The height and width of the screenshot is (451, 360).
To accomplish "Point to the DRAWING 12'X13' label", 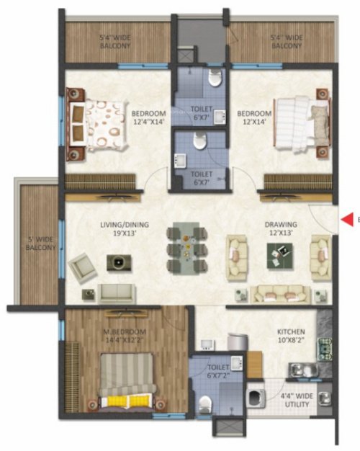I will (281, 229).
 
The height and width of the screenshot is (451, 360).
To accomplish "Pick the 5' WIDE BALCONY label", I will (42, 243).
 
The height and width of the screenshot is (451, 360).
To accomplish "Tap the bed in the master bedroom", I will (126, 383).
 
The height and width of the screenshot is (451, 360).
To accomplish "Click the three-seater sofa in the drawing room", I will (281, 293).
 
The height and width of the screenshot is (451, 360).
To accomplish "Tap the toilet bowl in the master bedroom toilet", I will (205, 403).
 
